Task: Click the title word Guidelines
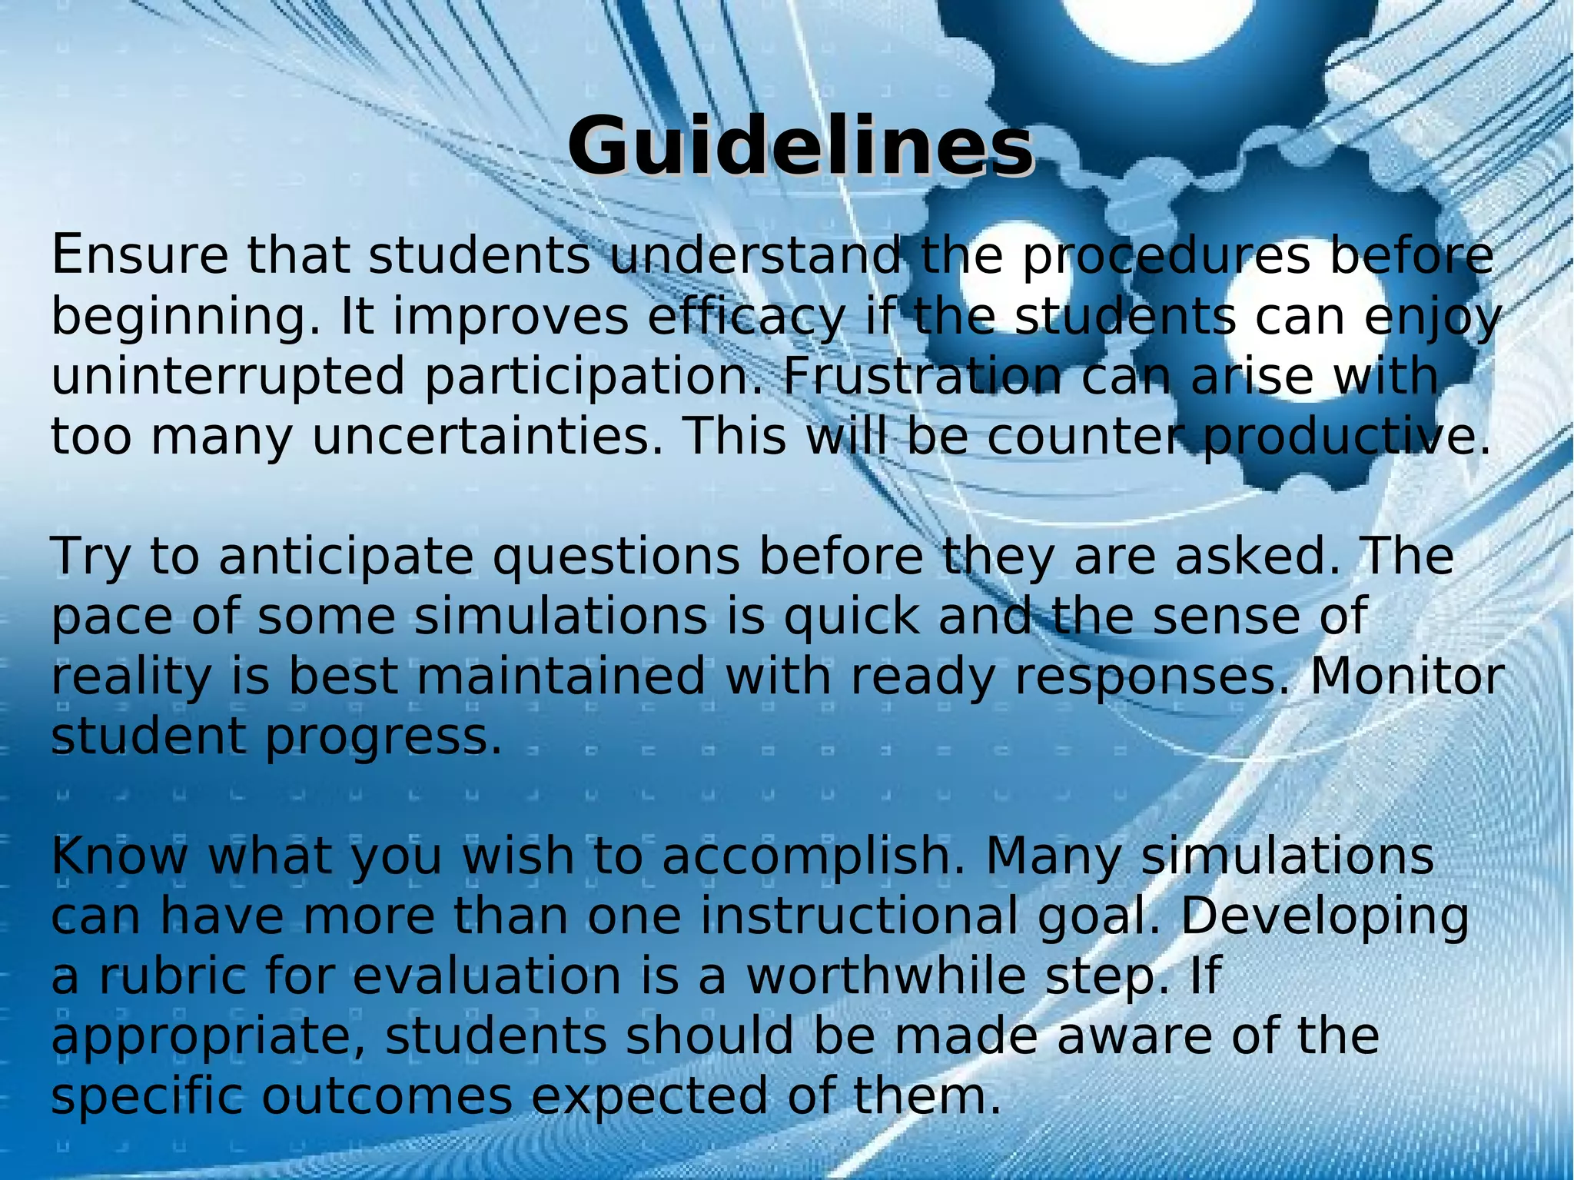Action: pyautogui.click(x=800, y=146)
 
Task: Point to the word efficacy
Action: pyautogui.click(x=745, y=317)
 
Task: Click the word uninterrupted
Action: pyautogui.click(x=227, y=377)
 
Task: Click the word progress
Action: pyautogui.click(x=384, y=737)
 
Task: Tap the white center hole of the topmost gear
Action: pyautogui.click(x=1161, y=27)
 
